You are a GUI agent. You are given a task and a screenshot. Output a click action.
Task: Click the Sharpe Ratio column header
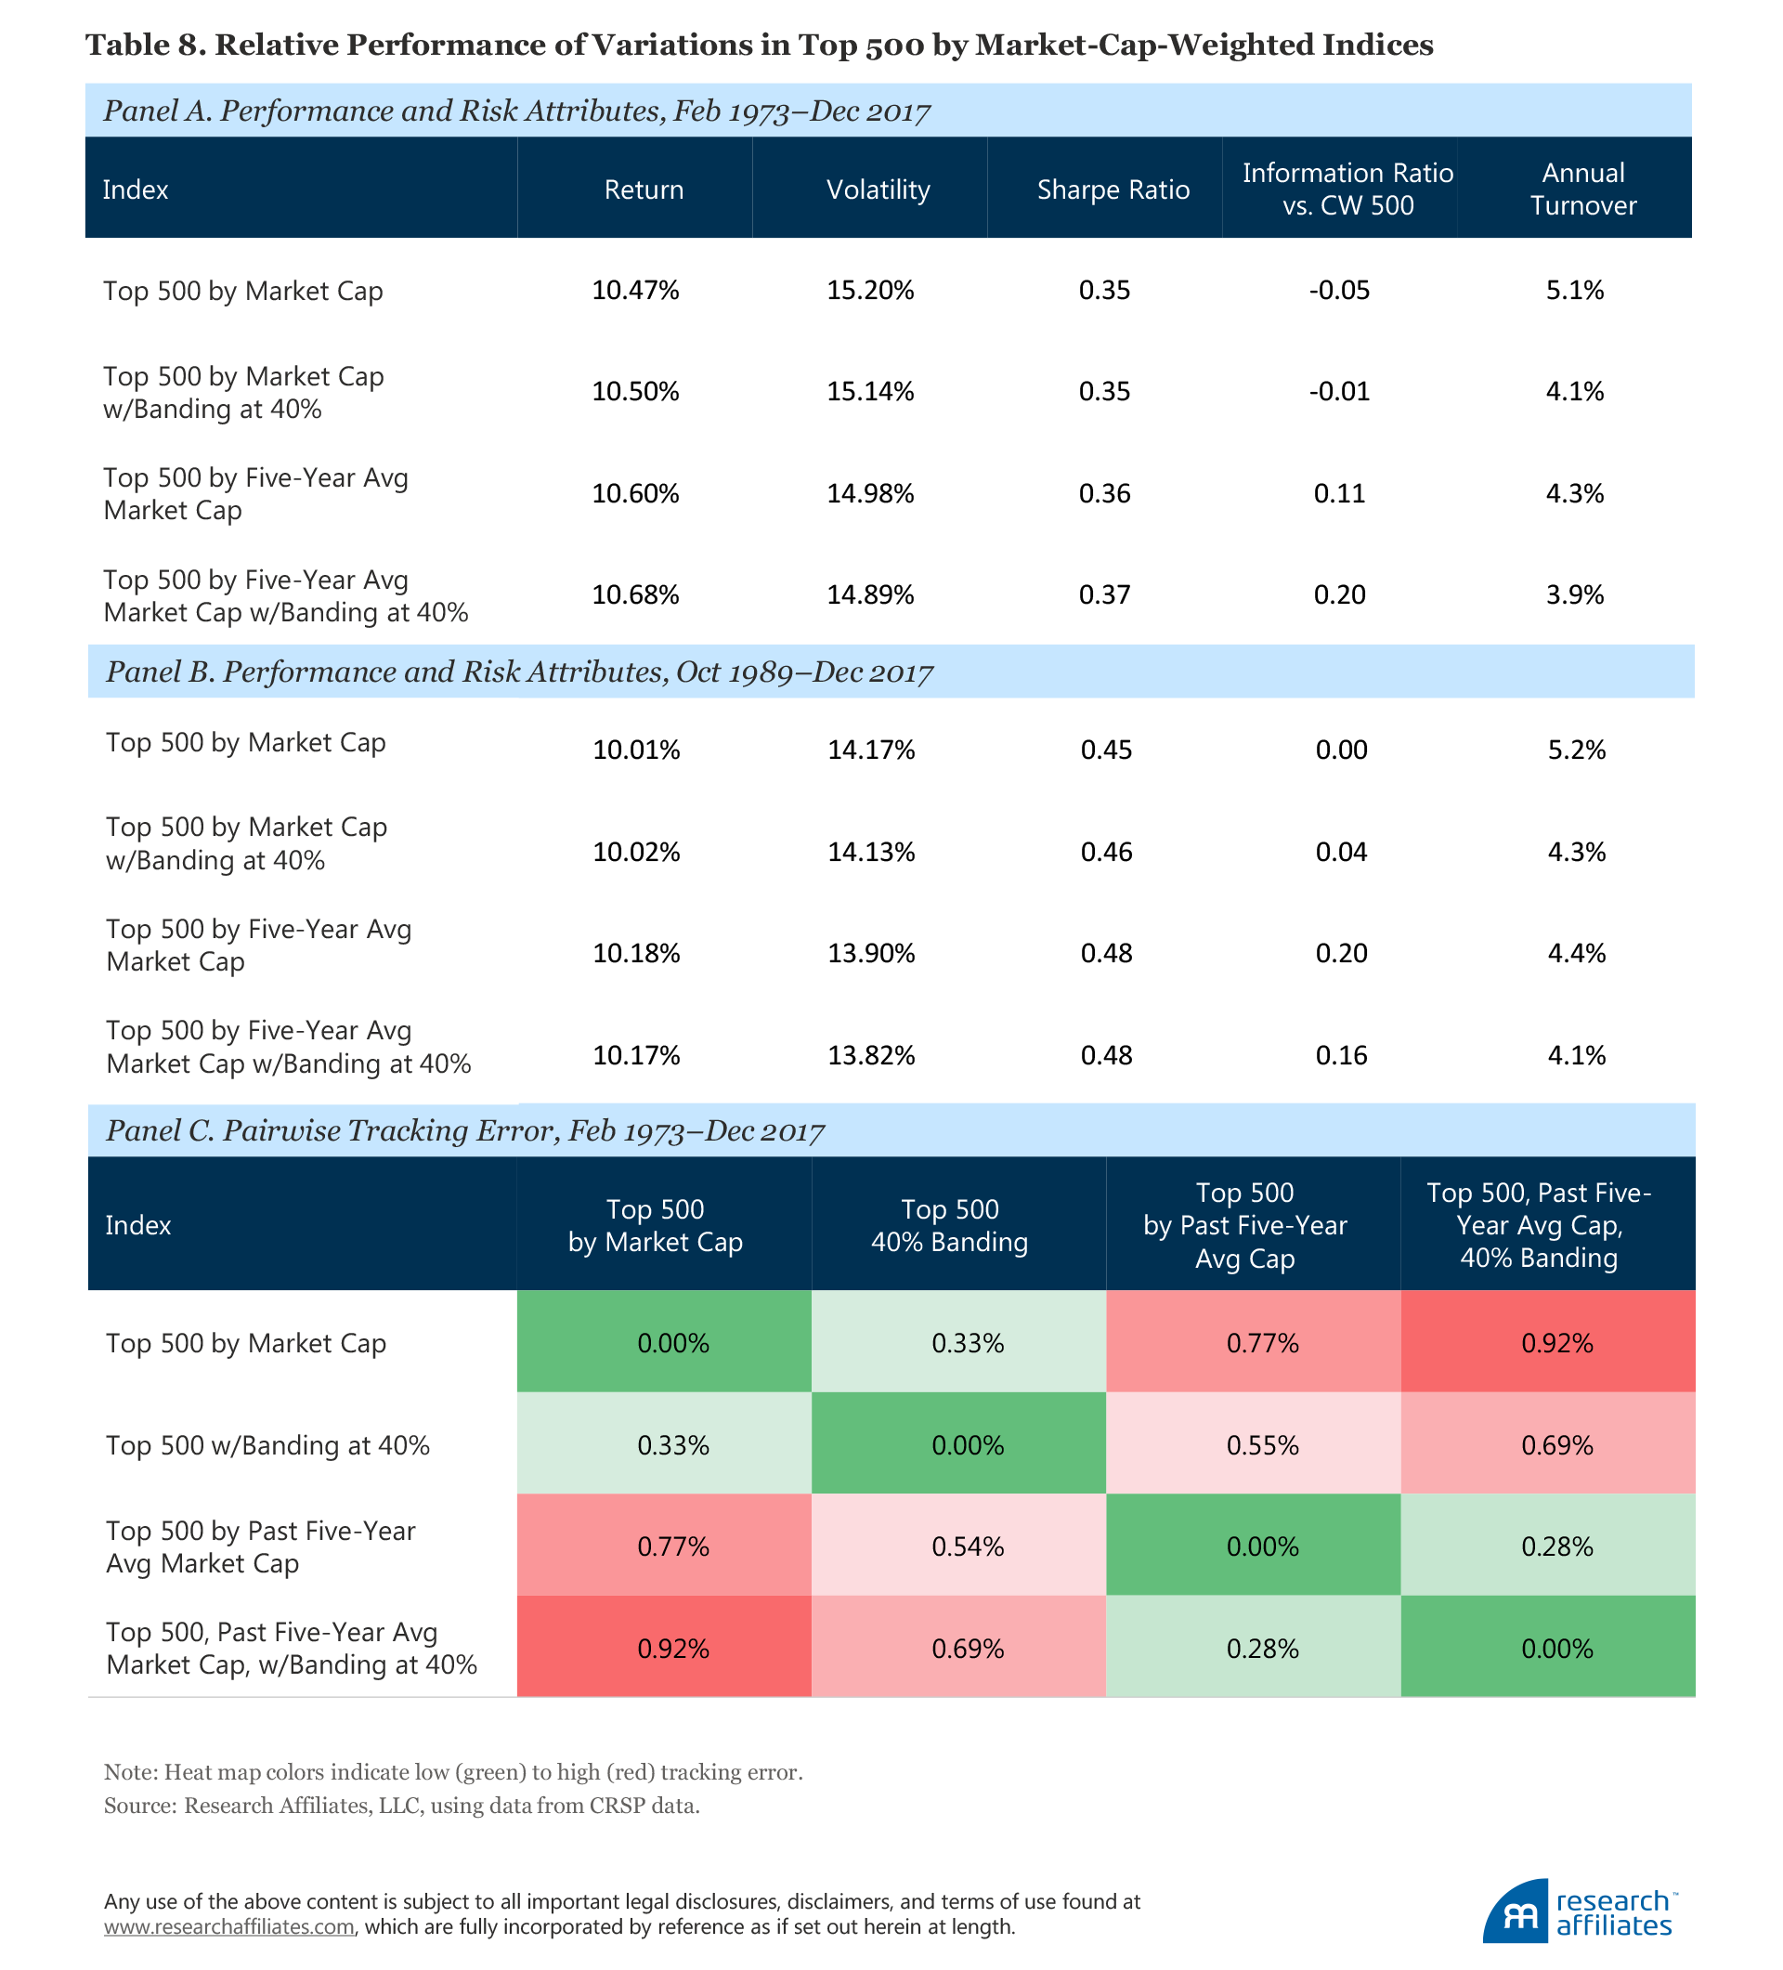pos(1113,189)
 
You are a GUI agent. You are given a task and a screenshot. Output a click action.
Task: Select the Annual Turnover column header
pos(1581,189)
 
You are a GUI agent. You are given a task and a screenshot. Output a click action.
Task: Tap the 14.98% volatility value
pos(869,493)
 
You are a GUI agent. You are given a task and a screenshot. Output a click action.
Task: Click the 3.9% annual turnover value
pos(1574,595)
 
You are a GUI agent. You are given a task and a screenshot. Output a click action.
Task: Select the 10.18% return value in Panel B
pos(636,954)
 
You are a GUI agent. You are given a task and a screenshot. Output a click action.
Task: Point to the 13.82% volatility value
pos(870,1055)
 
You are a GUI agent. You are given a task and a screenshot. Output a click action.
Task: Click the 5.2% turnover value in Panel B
pos(1576,750)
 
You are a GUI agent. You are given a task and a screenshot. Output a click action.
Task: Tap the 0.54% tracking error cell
pos(968,1546)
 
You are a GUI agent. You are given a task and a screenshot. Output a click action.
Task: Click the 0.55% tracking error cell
pos(1262,1445)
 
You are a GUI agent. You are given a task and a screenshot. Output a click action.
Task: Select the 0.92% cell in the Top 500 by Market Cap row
pos(1556,1344)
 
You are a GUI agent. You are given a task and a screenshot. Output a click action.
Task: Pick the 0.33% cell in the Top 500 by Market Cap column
pos(673,1445)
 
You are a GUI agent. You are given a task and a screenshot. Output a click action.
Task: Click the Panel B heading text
pos(519,672)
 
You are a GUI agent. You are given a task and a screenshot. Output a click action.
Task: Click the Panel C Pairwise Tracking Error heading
pos(465,1131)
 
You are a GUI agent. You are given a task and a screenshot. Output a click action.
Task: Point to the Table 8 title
pos(759,45)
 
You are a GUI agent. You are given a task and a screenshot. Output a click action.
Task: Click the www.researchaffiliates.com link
pos(228,1927)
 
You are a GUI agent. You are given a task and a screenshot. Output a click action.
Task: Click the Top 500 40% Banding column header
pos(949,1225)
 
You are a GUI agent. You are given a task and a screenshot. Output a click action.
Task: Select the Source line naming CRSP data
pos(401,1806)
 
